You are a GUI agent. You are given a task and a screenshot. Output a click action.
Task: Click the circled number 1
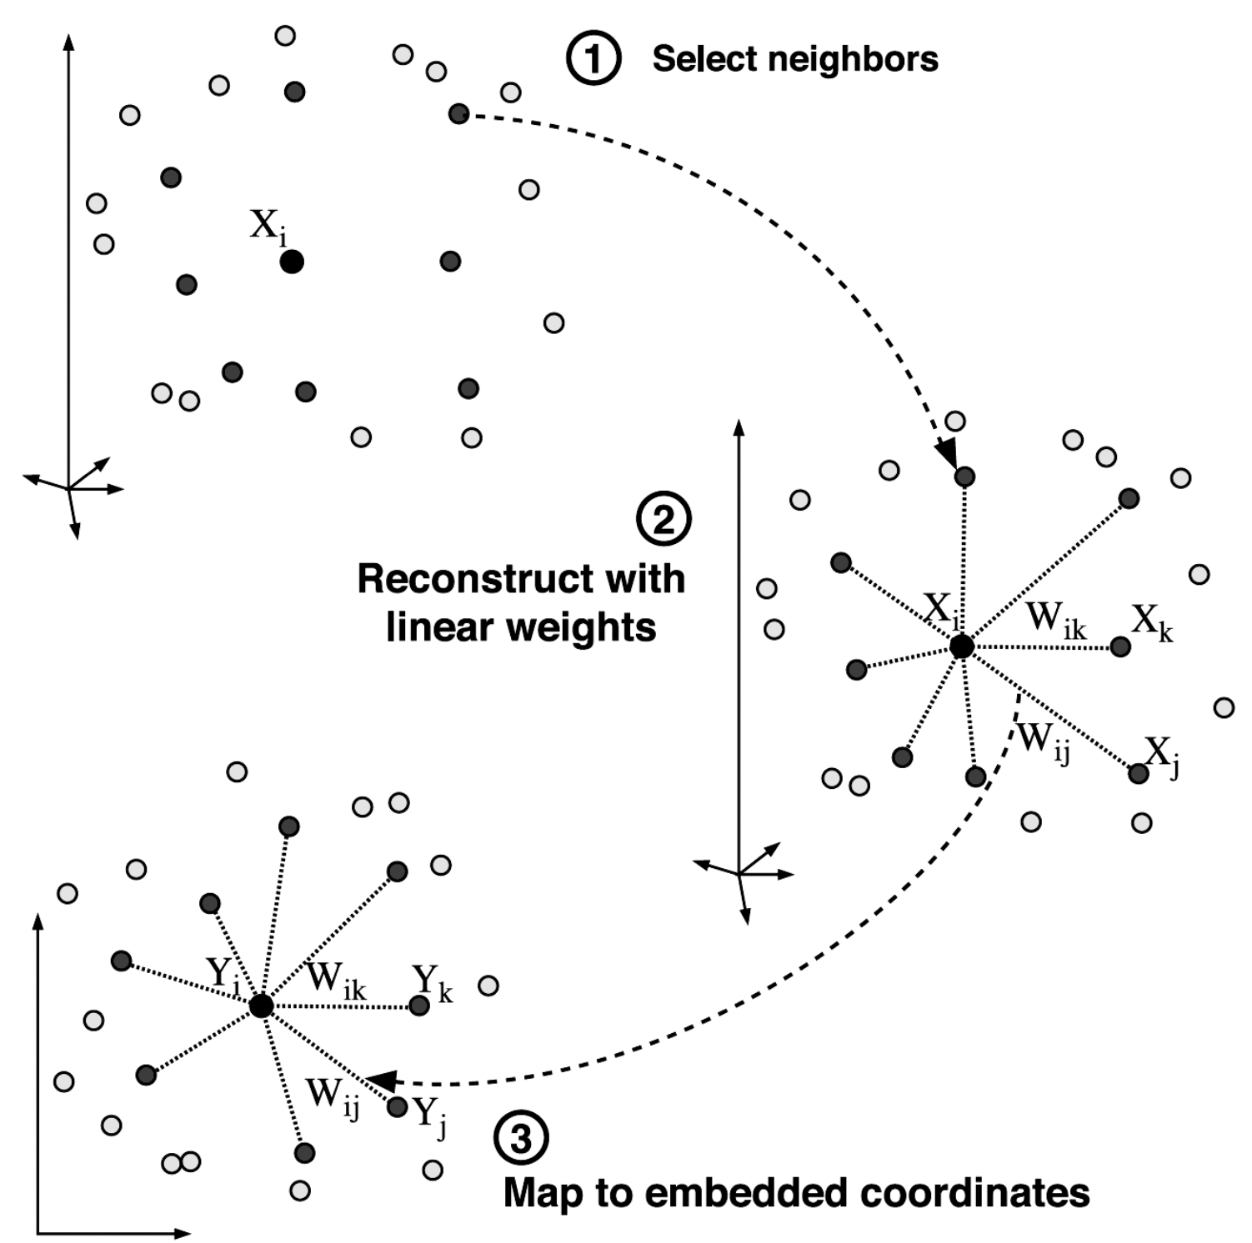click(x=593, y=59)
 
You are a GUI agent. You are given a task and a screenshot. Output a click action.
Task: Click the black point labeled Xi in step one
click(x=292, y=262)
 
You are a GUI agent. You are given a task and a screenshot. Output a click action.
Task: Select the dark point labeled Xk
click(x=1120, y=646)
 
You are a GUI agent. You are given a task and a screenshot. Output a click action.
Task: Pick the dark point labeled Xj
click(x=1138, y=774)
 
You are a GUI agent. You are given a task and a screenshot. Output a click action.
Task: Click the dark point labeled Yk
click(x=419, y=1006)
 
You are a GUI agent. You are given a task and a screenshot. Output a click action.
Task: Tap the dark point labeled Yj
click(x=398, y=1107)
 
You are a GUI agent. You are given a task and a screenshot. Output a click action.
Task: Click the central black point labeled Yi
click(x=262, y=1006)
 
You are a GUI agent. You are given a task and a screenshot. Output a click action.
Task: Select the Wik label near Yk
click(x=336, y=980)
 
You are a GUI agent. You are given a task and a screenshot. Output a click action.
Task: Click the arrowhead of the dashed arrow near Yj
click(x=380, y=1081)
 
